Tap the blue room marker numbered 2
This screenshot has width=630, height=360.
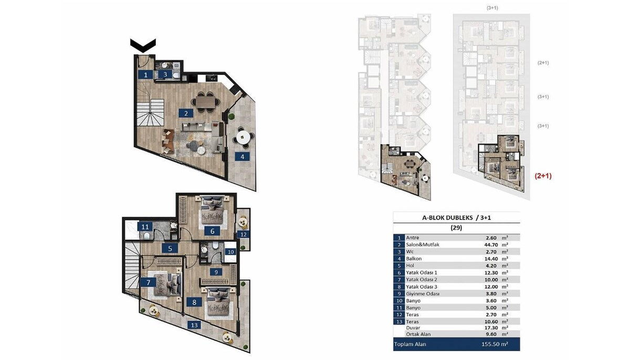(186, 113)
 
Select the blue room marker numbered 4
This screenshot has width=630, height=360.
(243, 156)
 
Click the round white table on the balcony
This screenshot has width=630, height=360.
(243, 137)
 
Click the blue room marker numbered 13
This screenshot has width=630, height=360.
(194, 325)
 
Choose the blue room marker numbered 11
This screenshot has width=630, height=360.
(145, 227)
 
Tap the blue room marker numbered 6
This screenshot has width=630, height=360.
(212, 231)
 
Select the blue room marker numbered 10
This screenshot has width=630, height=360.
(230, 252)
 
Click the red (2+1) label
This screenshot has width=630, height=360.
(543, 176)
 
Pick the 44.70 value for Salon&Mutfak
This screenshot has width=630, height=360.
(489, 245)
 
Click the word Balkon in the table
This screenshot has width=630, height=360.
(414, 259)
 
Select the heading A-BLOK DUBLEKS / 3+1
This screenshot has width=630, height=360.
(456, 217)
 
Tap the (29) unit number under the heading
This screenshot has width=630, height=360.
(456, 227)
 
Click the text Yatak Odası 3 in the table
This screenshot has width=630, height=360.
(421, 287)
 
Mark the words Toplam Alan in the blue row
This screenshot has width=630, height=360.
(410, 344)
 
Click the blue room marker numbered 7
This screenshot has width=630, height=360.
(148, 282)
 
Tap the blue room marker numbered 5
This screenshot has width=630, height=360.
(170, 248)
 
